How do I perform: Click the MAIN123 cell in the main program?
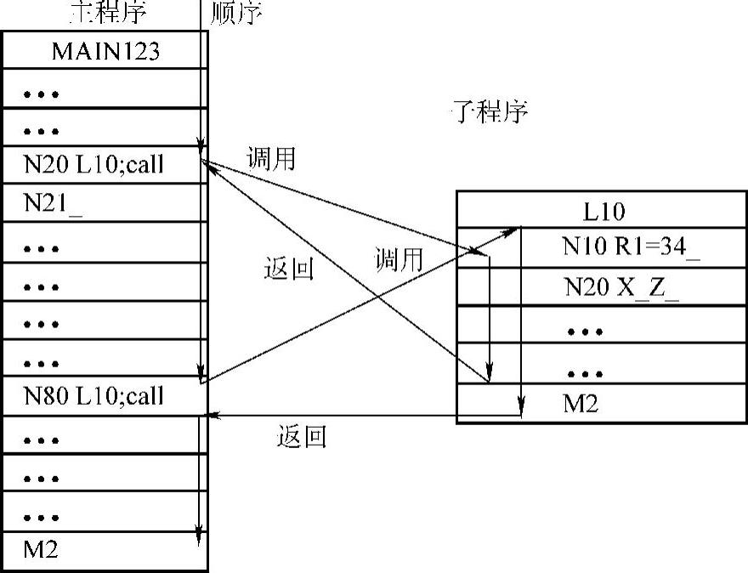(105, 52)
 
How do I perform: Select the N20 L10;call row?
(93, 165)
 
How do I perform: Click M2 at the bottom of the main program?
(41, 549)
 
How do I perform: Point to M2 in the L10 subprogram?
(581, 404)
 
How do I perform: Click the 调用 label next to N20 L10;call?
(270, 159)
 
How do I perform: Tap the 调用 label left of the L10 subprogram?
(399, 260)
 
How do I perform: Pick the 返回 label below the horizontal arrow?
(301, 437)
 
